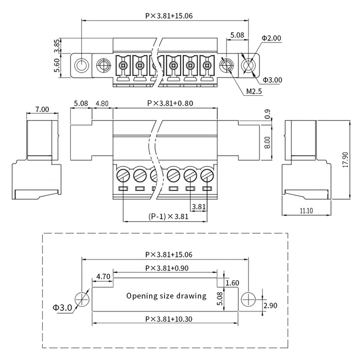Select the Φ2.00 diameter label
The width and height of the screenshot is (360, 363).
click(x=271, y=38)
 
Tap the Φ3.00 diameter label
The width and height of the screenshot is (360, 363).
click(x=272, y=80)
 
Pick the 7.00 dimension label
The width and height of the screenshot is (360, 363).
click(x=42, y=109)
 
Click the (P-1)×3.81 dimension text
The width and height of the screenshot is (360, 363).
click(x=169, y=216)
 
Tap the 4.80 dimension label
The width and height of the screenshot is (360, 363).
click(x=102, y=103)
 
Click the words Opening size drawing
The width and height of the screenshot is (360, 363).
click(x=166, y=296)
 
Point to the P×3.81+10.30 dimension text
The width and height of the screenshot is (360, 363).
click(x=169, y=319)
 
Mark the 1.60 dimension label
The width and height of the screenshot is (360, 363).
click(x=232, y=283)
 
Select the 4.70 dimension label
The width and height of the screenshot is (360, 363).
click(x=104, y=277)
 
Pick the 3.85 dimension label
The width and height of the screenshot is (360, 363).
click(x=57, y=45)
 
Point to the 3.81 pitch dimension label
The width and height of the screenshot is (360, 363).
click(x=199, y=207)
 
